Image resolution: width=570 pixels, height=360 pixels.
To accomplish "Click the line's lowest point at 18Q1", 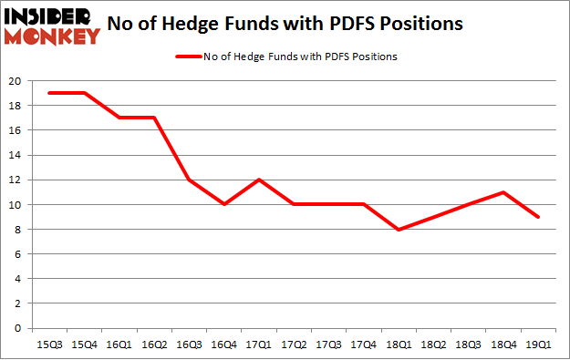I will pyautogui.click(x=399, y=229).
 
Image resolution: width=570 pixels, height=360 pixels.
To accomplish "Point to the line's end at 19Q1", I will pyautogui.click(x=538, y=217).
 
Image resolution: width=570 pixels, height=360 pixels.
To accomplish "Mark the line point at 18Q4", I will pyautogui.click(x=503, y=192).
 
